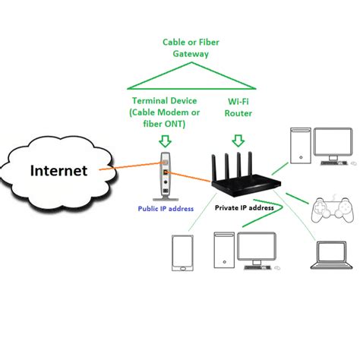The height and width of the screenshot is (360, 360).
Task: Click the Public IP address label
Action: (x=166, y=208)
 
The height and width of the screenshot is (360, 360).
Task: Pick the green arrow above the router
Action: (x=238, y=140)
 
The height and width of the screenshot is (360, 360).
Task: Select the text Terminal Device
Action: (x=166, y=101)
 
